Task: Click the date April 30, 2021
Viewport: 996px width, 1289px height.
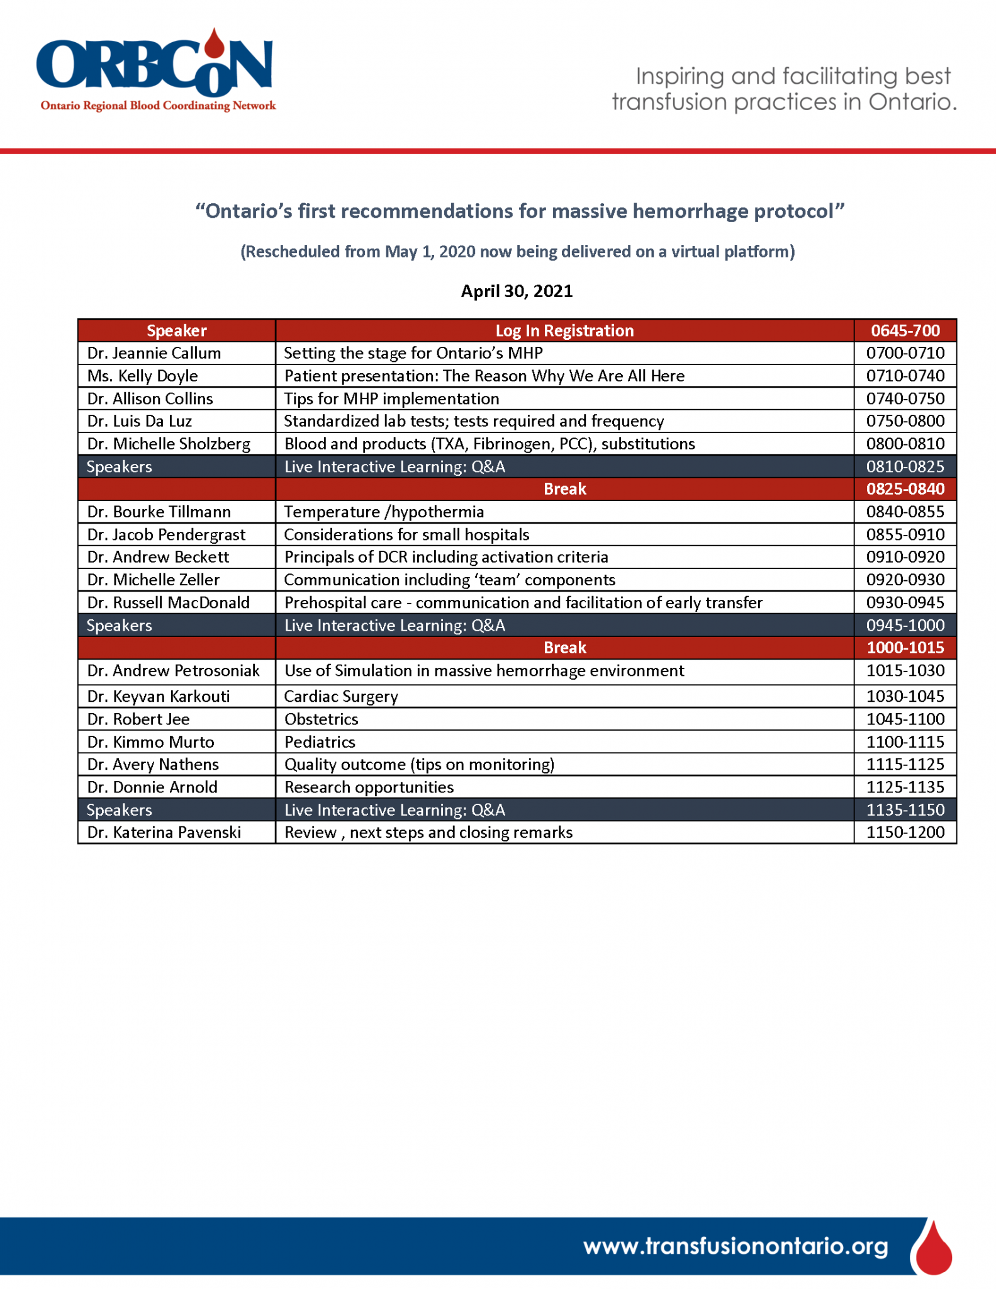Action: coord(517,291)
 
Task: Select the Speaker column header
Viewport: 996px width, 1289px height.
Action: coord(176,330)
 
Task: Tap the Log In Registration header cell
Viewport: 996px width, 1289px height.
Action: coord(564,330)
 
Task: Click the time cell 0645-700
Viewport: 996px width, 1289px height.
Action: coord(905,330)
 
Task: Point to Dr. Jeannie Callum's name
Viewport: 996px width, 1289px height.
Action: coord(154,353)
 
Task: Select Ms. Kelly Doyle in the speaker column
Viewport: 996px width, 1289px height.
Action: coord(143,376)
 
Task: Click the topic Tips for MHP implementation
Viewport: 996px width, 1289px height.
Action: coord(391,398)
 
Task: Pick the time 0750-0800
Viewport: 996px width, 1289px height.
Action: coord(905,421)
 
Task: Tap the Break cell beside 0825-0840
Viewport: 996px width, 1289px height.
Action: coord(564,489)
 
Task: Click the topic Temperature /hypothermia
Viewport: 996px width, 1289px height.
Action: coord(384,512)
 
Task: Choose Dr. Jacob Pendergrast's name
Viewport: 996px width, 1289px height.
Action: coord(166,534)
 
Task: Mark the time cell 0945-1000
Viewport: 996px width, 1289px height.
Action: coord(905,625)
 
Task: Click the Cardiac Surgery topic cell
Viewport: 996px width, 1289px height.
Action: coord(341,696)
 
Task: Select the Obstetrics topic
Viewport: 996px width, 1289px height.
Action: coord(321,719)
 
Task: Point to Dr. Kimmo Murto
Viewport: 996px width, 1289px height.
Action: coord(151,741)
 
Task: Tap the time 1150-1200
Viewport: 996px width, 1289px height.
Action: coord(905,832)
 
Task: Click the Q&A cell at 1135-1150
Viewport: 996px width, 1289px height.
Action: coord(394,809)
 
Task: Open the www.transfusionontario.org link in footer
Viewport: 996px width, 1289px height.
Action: coord(735,1246)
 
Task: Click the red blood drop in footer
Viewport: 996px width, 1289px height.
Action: coord(934,1248)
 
